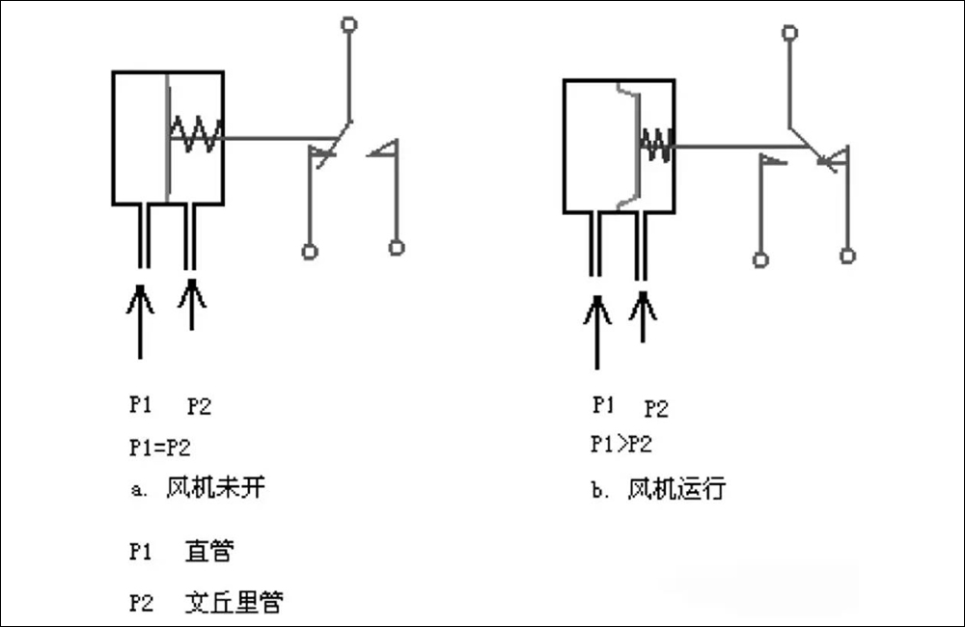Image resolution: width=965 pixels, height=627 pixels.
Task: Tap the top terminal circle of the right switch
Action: (790, 33)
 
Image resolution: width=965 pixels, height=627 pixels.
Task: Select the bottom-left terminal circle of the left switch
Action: (310, 252)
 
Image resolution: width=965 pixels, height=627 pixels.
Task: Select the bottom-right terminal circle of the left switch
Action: (397, 248)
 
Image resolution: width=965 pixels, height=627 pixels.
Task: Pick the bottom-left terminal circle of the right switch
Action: (761, 259)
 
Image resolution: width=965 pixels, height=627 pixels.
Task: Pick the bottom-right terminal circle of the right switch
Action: (847, 256)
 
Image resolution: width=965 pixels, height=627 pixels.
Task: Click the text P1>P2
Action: (620, 446)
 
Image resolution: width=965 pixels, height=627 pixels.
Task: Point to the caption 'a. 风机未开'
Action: (197, 488)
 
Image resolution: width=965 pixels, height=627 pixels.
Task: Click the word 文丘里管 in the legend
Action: (234, 604)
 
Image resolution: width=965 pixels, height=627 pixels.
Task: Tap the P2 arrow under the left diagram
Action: (192, 304)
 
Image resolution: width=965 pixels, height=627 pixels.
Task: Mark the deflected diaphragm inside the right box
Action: (633, 145)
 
